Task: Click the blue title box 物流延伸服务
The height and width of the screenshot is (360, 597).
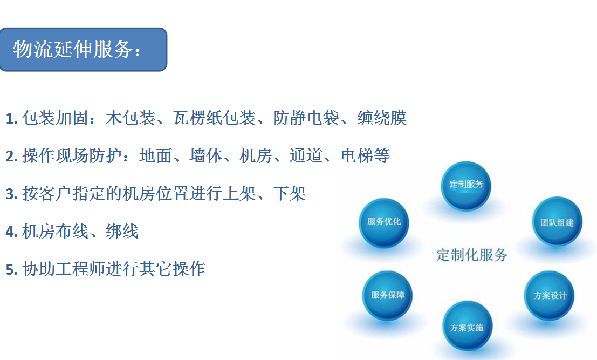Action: [x=84, y=50]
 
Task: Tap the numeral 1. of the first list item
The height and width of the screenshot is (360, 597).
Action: [x=12, y=119]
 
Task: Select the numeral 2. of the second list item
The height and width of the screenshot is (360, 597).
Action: [x=12, y=156]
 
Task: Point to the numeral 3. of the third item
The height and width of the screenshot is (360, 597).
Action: [x=12, y=194]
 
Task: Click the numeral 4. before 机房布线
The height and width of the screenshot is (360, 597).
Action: [x=12, y=232]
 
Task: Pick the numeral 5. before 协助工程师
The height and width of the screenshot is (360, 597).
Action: [x=12, y=269]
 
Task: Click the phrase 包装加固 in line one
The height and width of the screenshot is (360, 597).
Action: [x=55, y=118]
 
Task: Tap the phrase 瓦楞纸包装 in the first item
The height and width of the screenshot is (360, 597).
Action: [x=214, y=118]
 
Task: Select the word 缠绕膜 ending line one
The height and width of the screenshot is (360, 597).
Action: [x=382, y=118]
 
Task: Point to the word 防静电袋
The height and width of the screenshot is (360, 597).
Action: [x=306, y=118]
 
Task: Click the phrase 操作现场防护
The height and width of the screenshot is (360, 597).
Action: [x=72, y=155]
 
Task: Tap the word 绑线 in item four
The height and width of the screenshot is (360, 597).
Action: [x=122, y=231]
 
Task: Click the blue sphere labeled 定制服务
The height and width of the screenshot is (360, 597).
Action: [x=466, y=186]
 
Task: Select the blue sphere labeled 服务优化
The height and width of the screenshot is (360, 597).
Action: [x=384, y=223]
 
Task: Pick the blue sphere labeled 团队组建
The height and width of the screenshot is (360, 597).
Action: [x=557, y=222]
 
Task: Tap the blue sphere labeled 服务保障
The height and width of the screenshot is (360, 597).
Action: [x=387, y=296]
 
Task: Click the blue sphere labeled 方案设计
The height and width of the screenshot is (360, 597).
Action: [x=550, y=296]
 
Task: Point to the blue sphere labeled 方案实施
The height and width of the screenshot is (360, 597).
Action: [x=467, y=327]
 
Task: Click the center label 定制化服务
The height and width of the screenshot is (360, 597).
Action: [x=472, y=255]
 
